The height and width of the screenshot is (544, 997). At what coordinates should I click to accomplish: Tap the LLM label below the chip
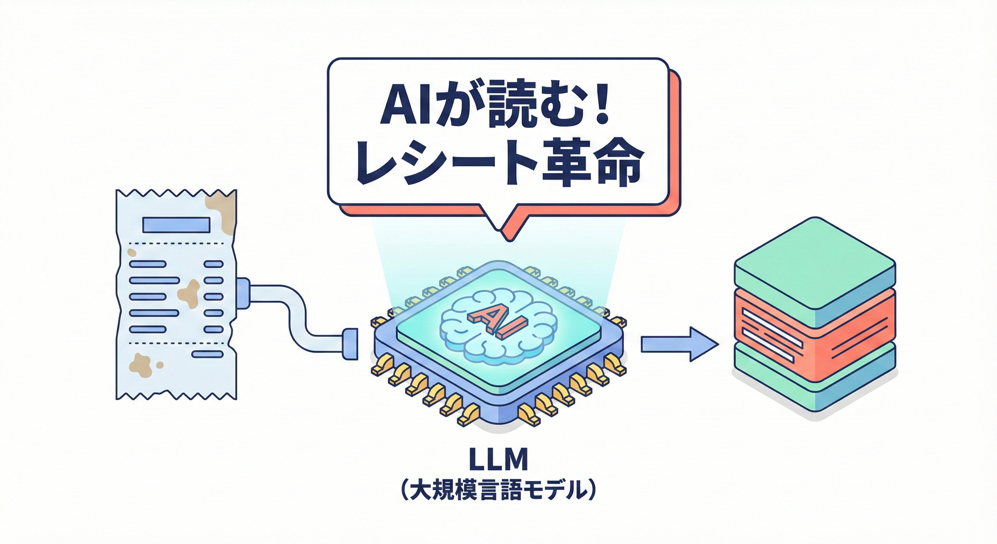point(498,460)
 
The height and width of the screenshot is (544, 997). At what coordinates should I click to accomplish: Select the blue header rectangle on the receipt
point(176,225)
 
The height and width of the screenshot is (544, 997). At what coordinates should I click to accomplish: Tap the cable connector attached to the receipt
point(243,293)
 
